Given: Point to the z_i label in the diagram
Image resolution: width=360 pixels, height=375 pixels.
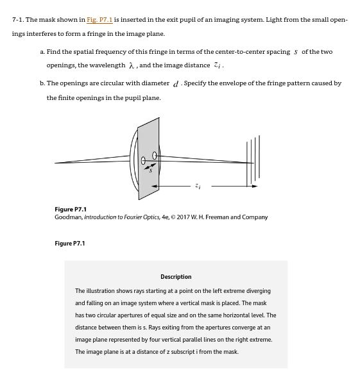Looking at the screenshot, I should [x=198, y=186].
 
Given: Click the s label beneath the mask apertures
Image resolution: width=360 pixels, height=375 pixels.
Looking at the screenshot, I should [x=150, y=170].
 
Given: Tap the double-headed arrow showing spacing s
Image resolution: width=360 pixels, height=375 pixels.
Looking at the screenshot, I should [x=148, y=164].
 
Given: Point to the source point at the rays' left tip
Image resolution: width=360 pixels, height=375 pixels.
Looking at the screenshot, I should [x=56, y=162].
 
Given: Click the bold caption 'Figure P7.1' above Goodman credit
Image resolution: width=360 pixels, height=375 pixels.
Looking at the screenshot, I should [x=70, y=210].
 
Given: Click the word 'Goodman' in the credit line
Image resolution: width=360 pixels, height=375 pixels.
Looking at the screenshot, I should [x=67, y=217].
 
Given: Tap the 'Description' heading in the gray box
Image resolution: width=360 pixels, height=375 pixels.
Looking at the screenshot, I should [x=176, y=277].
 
